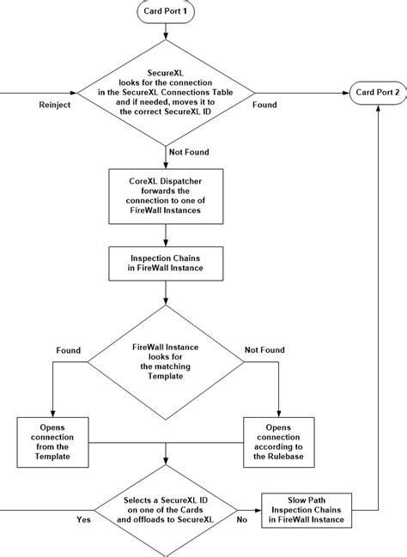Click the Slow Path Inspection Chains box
[x=307, y=509]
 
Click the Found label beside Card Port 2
[x=264, y=105]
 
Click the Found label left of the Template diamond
[x=68, y=350]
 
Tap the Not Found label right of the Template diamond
[x=265, y=350]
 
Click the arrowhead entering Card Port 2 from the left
[x=346, y=92]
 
